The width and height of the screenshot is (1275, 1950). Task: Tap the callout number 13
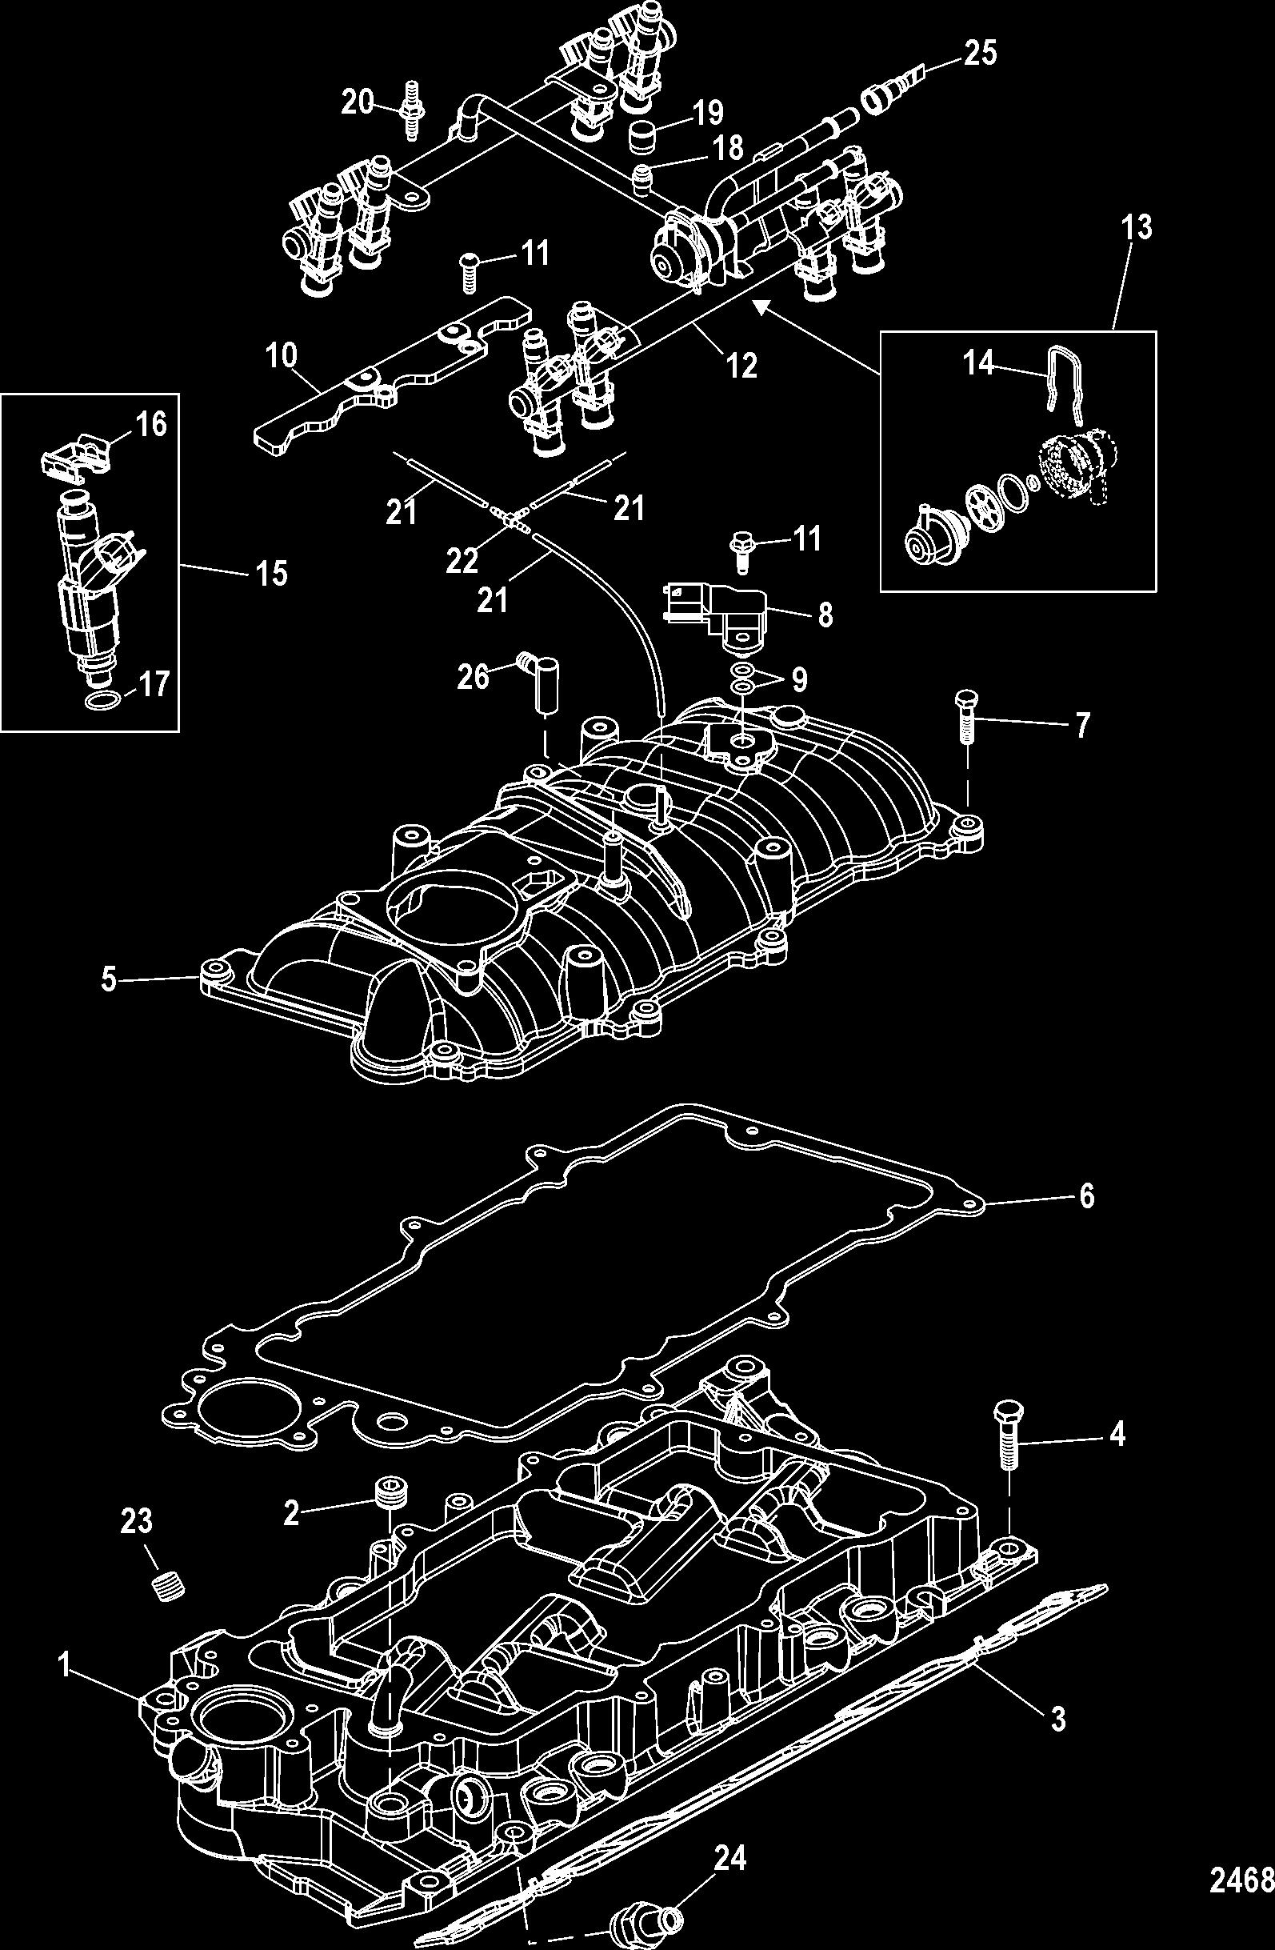point(1137,227)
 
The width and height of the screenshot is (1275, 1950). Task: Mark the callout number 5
point(109,979)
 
